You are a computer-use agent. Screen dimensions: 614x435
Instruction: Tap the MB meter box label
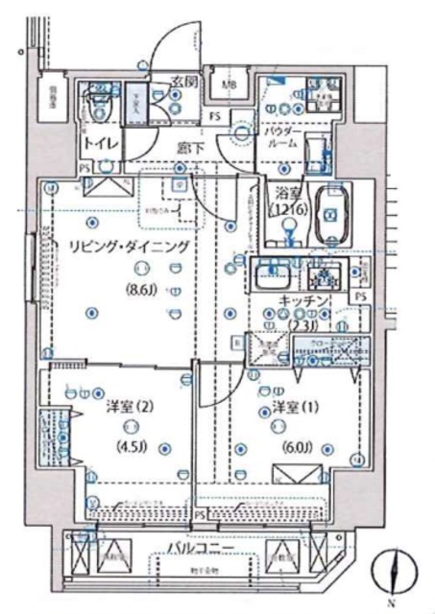[229, 83]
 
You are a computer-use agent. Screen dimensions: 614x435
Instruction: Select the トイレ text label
[101, 143]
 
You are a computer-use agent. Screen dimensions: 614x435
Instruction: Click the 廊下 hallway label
[188, 149]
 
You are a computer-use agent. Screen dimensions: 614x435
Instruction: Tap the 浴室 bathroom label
[285, 191]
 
